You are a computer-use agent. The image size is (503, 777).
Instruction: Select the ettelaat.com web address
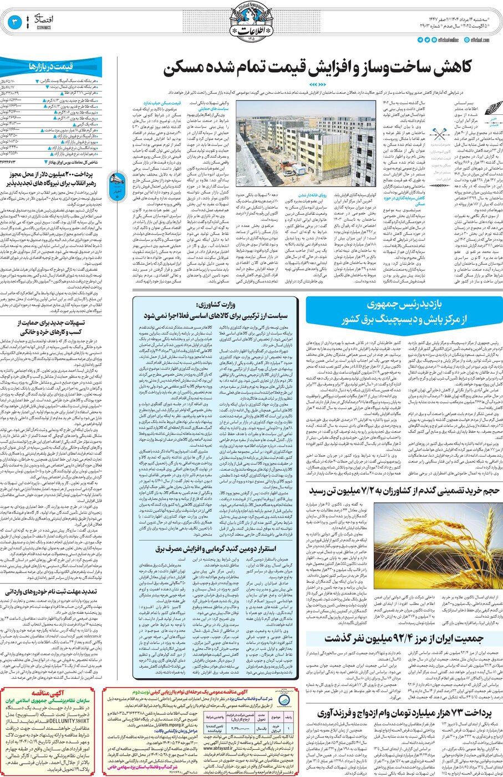[x=479, y=40]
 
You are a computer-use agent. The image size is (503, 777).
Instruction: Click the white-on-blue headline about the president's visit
[x=404, y=312]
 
